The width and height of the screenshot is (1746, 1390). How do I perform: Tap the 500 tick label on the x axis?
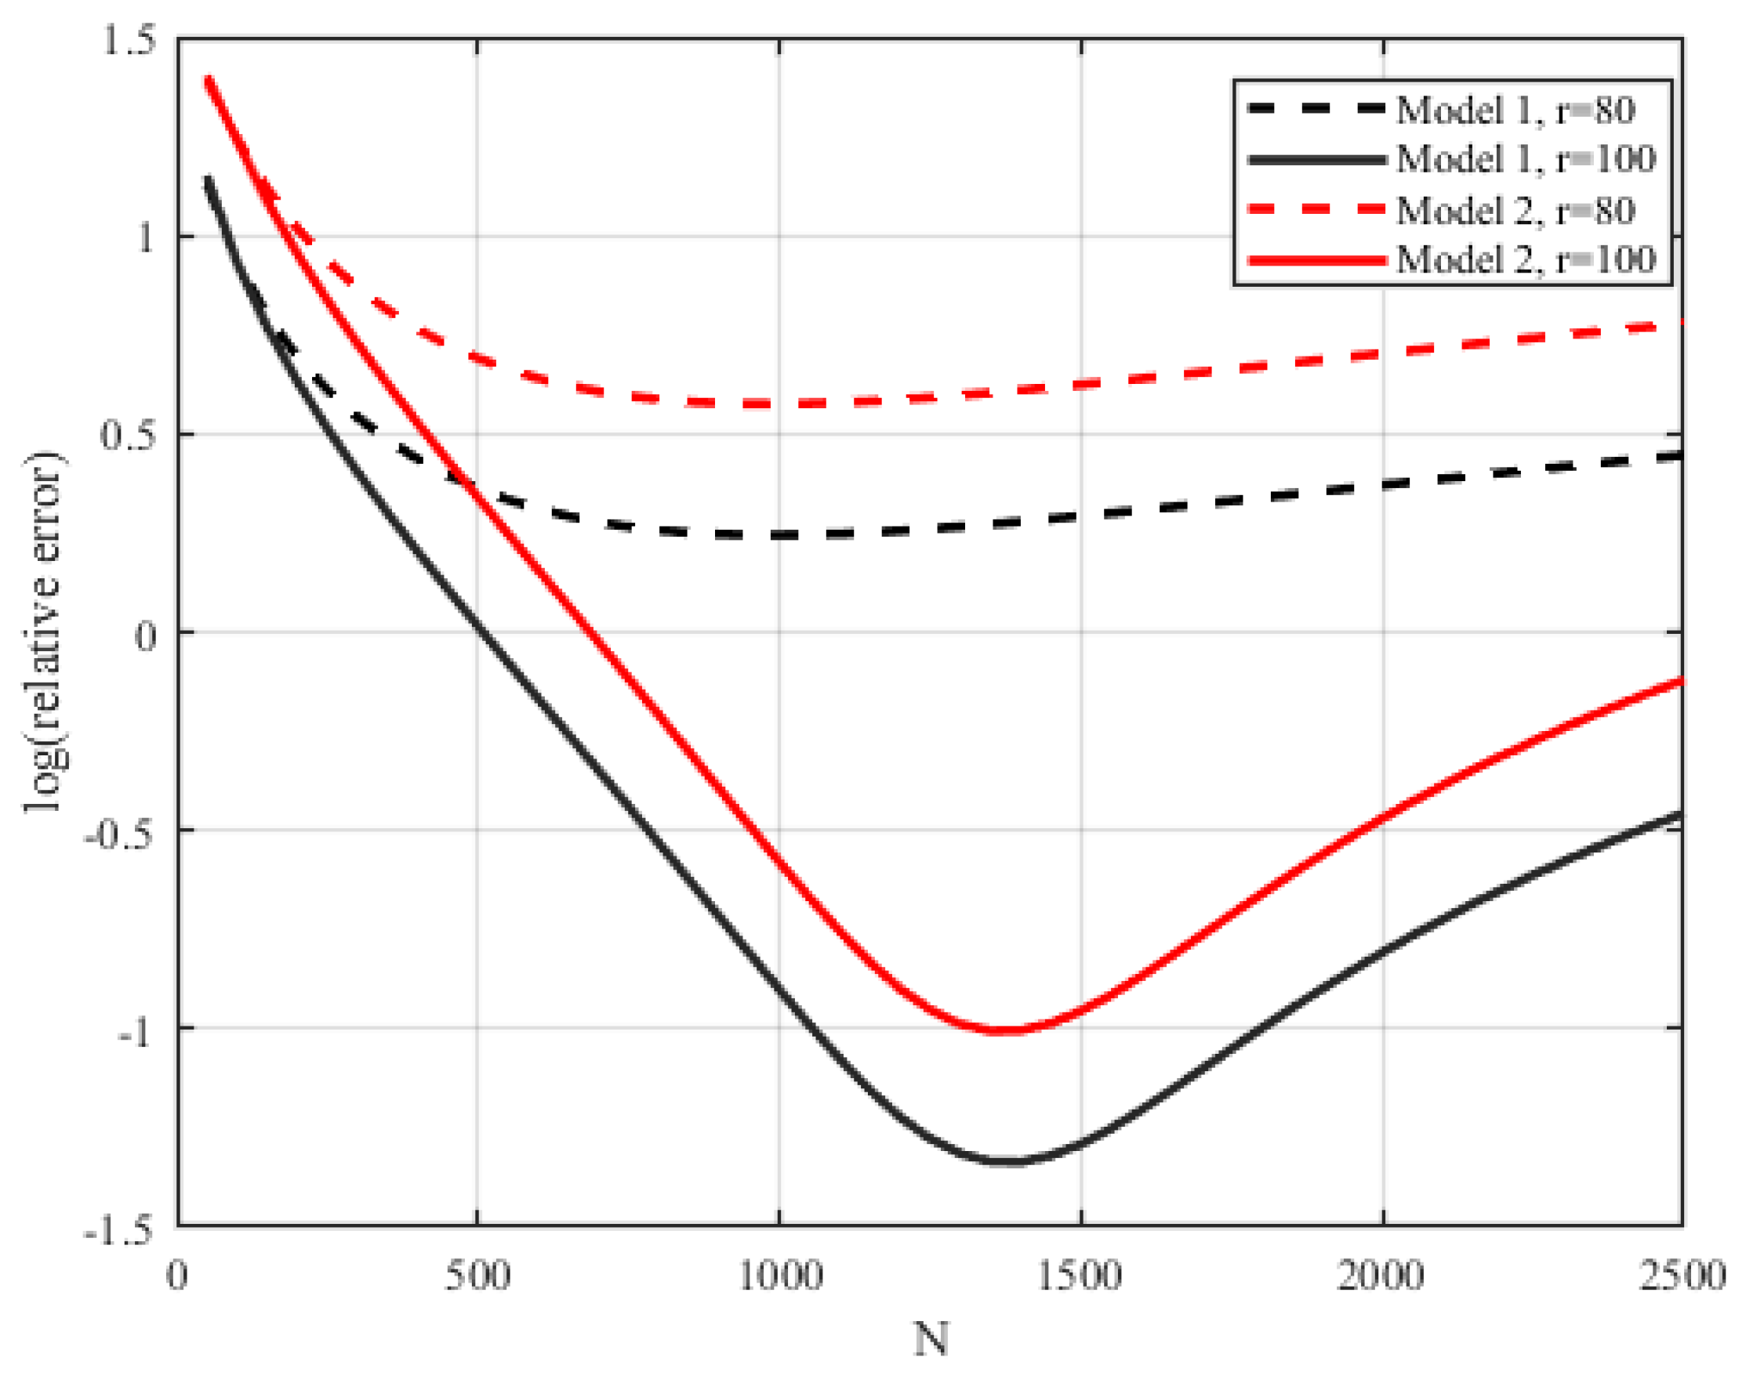pos(477,1277)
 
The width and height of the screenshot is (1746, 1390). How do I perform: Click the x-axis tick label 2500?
pos(1682,1277)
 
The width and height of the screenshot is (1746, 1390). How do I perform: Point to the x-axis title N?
pos(931,1340)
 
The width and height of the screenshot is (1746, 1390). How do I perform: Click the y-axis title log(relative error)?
pos(44,632)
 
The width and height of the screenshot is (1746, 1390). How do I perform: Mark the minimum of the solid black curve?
pos(1012,1162)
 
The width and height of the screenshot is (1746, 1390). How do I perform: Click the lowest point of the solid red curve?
pos(1004,1030)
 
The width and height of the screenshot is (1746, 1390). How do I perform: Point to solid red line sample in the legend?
pos(1316,260)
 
